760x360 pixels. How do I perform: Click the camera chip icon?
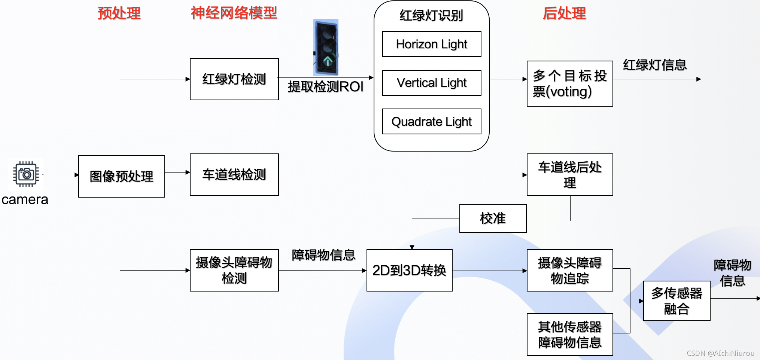(x=26, y=174)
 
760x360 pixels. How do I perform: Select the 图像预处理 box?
(x=121, y=176)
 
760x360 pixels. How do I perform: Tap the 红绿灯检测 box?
(x=234, y=79)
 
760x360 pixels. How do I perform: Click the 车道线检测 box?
(x=234, y=174)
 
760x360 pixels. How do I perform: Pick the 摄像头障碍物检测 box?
(x=234, y=270)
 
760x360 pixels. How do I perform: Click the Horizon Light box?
(x=431, y=44)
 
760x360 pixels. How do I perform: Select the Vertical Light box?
(x=431, y=83)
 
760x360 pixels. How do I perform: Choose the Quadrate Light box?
(x=431, y=122)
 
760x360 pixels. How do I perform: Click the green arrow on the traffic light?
(x=328, y=61)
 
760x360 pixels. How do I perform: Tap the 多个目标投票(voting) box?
(x=569, y=84)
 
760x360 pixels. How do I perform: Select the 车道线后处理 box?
(x=569, y=174)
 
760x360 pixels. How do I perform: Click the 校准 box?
(x=493, y=219)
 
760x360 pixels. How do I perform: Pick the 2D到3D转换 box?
(x=409, y=270)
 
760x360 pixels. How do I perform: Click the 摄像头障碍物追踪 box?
(x=569, y=270)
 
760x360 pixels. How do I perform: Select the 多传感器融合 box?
(x=677, y=301)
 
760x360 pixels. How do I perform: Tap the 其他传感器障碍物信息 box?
(x=569, y=334)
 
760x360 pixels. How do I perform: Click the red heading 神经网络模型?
(x=234, y=13)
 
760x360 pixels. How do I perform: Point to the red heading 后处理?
(x=564, y=13)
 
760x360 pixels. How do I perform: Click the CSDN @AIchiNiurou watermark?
(x=720, y=353)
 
